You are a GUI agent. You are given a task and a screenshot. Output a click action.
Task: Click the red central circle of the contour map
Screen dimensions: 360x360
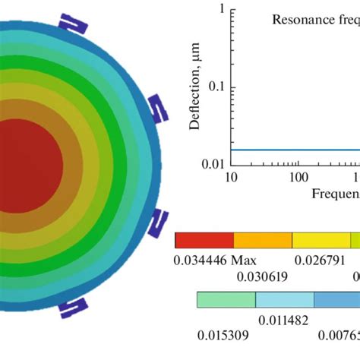(27, 163)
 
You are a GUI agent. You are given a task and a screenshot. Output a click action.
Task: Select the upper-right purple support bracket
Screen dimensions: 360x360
(156, 108)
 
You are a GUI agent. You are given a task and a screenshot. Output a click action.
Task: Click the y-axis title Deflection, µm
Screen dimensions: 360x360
(195, 87)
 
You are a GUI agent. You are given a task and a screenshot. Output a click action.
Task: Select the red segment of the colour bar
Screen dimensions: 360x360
(204, 240)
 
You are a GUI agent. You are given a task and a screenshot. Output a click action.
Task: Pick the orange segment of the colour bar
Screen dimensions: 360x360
(262, 240)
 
